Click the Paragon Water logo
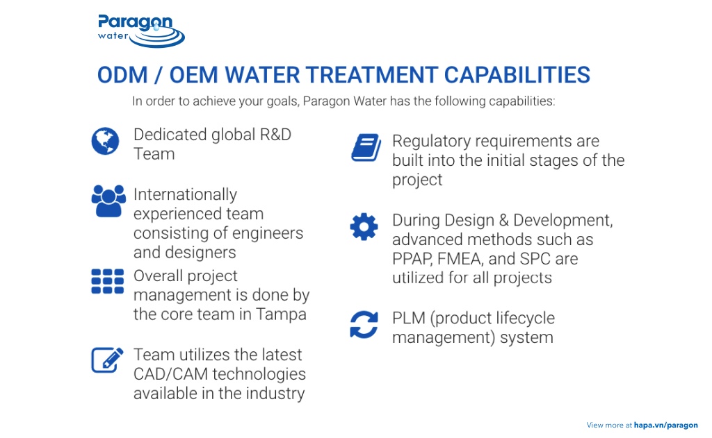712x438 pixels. pyautogui.click(x=141, y=31)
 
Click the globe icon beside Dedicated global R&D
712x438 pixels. pyautogui.click(x=105, y=141)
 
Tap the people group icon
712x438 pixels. pyautogui.click(x=108, y=201)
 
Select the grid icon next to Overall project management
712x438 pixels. pyautogui.click(x=108, y=281)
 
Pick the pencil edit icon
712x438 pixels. pyautogui.click(x=108, y=359)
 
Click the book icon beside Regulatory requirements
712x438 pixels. pyautogui.click(x=365, y=148)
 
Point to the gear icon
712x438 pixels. pyautogui.click(x=364, y=227)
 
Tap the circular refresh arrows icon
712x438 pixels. pyautogui.click(x=364, y=324)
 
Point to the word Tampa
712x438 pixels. pyautogui.click(x=280, y=314)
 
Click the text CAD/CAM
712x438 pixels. pyautogui.click(x=170, y=374)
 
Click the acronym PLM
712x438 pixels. pyautogui.click(x=408, y=319)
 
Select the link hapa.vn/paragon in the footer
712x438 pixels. pyautogui.click(x=665, y=425)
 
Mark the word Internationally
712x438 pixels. pyautogui.click(x=185, y=195)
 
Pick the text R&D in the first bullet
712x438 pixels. pyautogui.click(x=275, y=135)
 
